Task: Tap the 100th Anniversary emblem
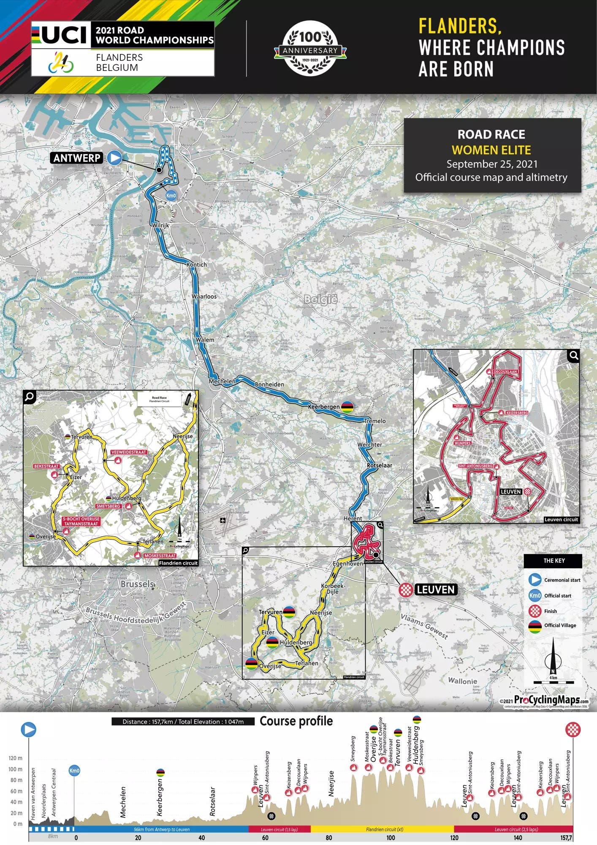(x=310, y=48)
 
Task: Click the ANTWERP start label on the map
(x=77, y=158)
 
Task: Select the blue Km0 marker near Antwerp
(x=171, y=196)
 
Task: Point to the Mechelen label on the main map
(x=222, y=381)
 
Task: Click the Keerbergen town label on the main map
(x=323, y=406)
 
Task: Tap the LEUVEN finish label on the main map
(x=435, y=589)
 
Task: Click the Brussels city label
(x=137, y=584)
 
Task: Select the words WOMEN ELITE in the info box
(x=491, y=150)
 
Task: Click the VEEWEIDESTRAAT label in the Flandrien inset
(x=129, y=452)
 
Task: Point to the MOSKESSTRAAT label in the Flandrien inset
(x=160, y=556)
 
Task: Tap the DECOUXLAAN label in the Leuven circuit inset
(x=505, y=371)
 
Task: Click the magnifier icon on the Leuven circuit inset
(x=573, y=356)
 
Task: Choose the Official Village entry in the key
(x=560, y=625)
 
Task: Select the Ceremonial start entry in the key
(x=562, y=580)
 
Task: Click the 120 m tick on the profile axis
(x=16, y=758)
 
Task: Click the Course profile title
(x=296, y=721)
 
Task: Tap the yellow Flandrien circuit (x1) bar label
(x=382, y=829)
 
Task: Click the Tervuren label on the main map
(x=270, y=612)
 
